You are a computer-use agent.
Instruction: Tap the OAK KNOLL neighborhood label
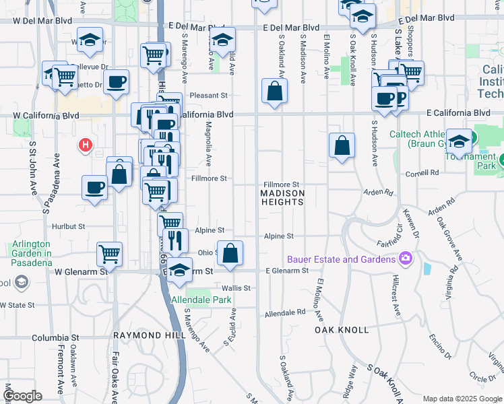click(x=342, y=330)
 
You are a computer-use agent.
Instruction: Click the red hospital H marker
click(x=85, y=143)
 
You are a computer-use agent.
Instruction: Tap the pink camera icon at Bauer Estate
click(x=405, y=259)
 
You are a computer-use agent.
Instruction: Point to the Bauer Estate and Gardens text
click(x=341, y=259)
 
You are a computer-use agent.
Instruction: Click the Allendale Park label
click(x=201, y=300)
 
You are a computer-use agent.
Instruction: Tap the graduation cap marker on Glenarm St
click(x=180, y=271)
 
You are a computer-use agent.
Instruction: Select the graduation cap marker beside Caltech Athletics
click(x=458, y=141)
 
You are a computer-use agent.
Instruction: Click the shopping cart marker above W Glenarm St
click(x=109, y=254)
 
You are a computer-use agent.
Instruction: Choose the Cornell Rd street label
click(x=422, y=173)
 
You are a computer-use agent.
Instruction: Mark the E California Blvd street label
click(x=458, y=112)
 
